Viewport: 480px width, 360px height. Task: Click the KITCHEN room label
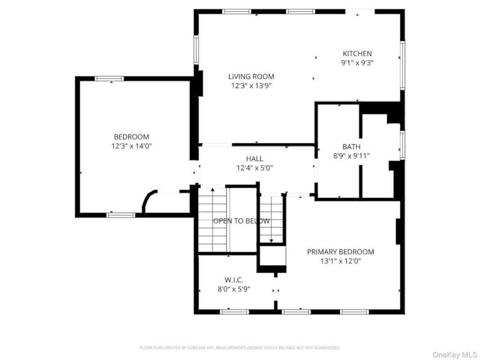coord(357,53)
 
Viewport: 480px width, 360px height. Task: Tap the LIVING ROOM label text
coord(251,76)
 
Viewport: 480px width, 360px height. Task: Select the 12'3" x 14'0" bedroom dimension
coord(132,146)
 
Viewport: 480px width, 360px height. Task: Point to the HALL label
coord(255,158)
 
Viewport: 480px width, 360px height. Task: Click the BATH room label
coord(352,147)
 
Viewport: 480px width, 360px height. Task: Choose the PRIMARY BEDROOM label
coord(340,252)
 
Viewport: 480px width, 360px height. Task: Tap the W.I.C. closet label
coord(234,280)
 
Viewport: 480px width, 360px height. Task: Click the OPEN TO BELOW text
coord(241,221)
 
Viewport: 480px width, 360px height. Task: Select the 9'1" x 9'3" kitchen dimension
coord(357,63)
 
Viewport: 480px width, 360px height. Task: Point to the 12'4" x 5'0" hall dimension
coord(255,168)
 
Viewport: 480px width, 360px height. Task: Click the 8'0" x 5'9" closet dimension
coord(234,289)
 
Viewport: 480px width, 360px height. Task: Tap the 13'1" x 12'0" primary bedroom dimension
coord(340,261)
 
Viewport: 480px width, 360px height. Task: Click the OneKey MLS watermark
coord(454,354)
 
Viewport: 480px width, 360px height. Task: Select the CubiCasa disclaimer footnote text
coord(240,348)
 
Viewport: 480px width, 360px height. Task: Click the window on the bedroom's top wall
coord(110,79)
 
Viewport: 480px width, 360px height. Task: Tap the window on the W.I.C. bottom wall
coord(234,312)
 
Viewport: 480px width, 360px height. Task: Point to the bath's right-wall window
coord(403,145)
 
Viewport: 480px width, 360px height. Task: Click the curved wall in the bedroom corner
coord(148,201)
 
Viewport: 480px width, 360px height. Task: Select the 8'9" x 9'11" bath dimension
coord(352,156)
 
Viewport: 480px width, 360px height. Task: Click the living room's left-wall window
coord(196,50)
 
